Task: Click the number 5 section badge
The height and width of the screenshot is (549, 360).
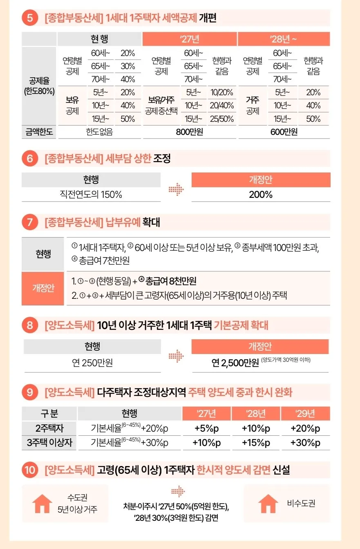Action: (30, 18)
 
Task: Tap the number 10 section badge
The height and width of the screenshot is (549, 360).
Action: (30, 470)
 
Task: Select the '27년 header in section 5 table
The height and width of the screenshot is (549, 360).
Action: (190, 39)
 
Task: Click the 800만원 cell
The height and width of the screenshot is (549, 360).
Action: (190, 132)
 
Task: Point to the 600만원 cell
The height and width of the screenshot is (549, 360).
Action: (284, 132)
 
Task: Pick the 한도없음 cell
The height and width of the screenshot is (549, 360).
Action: (99, 132)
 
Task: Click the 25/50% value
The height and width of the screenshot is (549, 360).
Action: (222, 119)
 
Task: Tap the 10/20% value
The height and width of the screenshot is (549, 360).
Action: (222, 92)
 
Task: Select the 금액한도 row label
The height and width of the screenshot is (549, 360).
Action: (39, 132)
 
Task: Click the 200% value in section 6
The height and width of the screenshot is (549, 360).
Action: (261, 195)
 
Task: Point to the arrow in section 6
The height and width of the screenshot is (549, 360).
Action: (176, 189)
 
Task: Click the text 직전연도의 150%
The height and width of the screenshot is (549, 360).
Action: (91, 195)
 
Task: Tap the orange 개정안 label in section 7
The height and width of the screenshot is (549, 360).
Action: (43, 288)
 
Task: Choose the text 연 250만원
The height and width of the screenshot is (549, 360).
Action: (92, 363)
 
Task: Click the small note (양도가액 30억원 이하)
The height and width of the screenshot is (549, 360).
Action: (286, 360)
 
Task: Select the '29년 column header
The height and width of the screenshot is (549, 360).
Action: (305, 413)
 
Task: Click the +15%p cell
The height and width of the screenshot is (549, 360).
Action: (256, 443)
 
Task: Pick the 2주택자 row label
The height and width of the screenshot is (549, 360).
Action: (49, 428)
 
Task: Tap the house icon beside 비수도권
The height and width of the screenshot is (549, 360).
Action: (268, 503)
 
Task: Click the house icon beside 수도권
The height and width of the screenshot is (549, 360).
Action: (42, 503)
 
